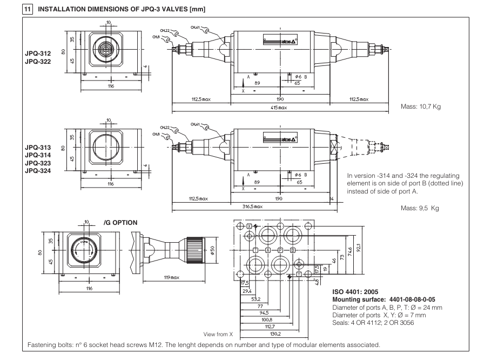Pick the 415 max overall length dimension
(280, 108)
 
